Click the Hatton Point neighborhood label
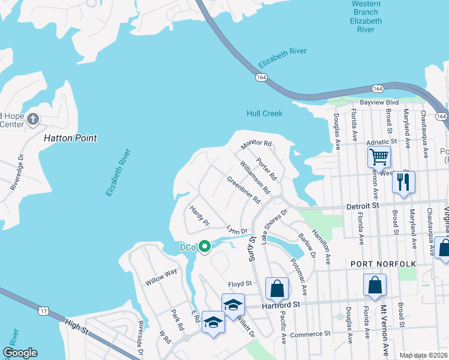point(70,138)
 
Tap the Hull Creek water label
point(264,113)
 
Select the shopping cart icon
point(379,157)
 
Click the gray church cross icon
point(32,119)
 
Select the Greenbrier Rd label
point(243,189)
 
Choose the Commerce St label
point(310,333)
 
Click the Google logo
point(20,353)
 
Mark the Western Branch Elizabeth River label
point(366,16)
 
